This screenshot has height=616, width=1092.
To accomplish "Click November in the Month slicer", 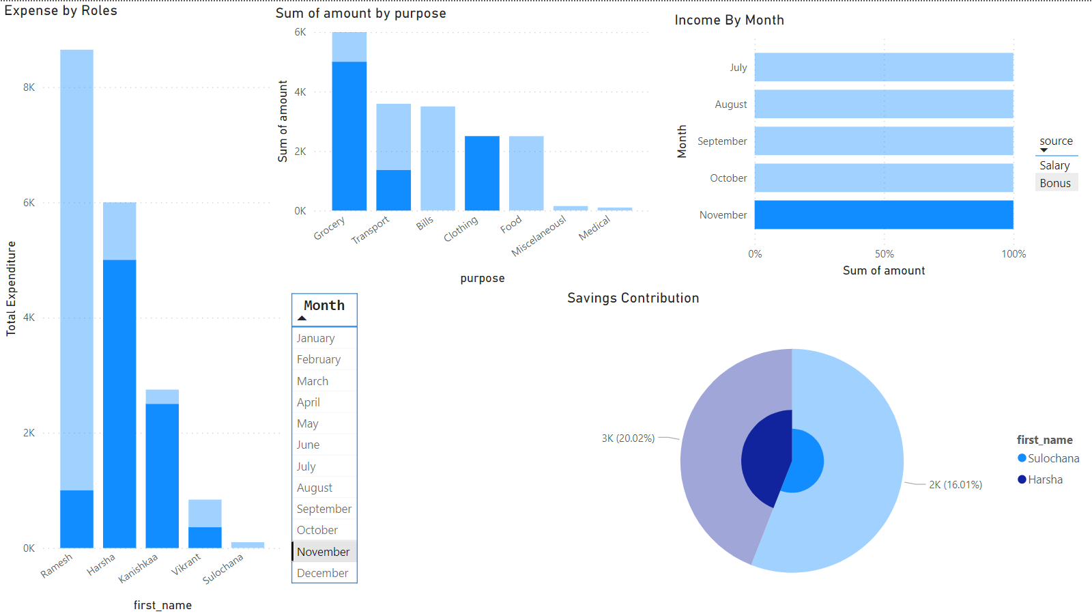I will pos(324,552).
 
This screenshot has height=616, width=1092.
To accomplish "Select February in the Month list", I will pos(319,359).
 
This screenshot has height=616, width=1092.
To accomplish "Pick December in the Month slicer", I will pos(323,573).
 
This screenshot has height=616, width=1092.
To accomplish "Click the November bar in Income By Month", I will pos(883,214).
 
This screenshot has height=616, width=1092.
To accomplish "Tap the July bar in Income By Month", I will pos(883,67).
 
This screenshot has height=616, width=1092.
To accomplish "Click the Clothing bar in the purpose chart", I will pos(482,173).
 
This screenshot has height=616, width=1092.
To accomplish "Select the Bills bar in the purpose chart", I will pos(437,158).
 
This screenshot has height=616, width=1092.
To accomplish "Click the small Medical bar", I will pos(614,209).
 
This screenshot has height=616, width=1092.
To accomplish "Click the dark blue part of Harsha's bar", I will pos(119,403).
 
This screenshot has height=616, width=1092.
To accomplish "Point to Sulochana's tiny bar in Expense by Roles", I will pos(248,545).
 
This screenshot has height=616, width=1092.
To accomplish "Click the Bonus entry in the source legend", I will pos(1055,183).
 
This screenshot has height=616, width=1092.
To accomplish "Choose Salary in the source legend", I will pos(1054,165).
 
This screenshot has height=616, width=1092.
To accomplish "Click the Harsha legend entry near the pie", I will pos(1045,479).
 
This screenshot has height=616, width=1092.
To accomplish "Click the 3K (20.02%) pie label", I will pos(628,438).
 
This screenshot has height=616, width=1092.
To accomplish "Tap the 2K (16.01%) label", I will pos(955,485).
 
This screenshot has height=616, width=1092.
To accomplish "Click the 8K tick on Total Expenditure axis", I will pos(29,87).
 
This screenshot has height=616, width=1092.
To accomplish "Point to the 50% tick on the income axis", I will pos(884,254).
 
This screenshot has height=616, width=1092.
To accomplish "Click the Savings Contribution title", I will pos(633,298).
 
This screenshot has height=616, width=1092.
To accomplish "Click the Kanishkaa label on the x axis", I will pos(139,568).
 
